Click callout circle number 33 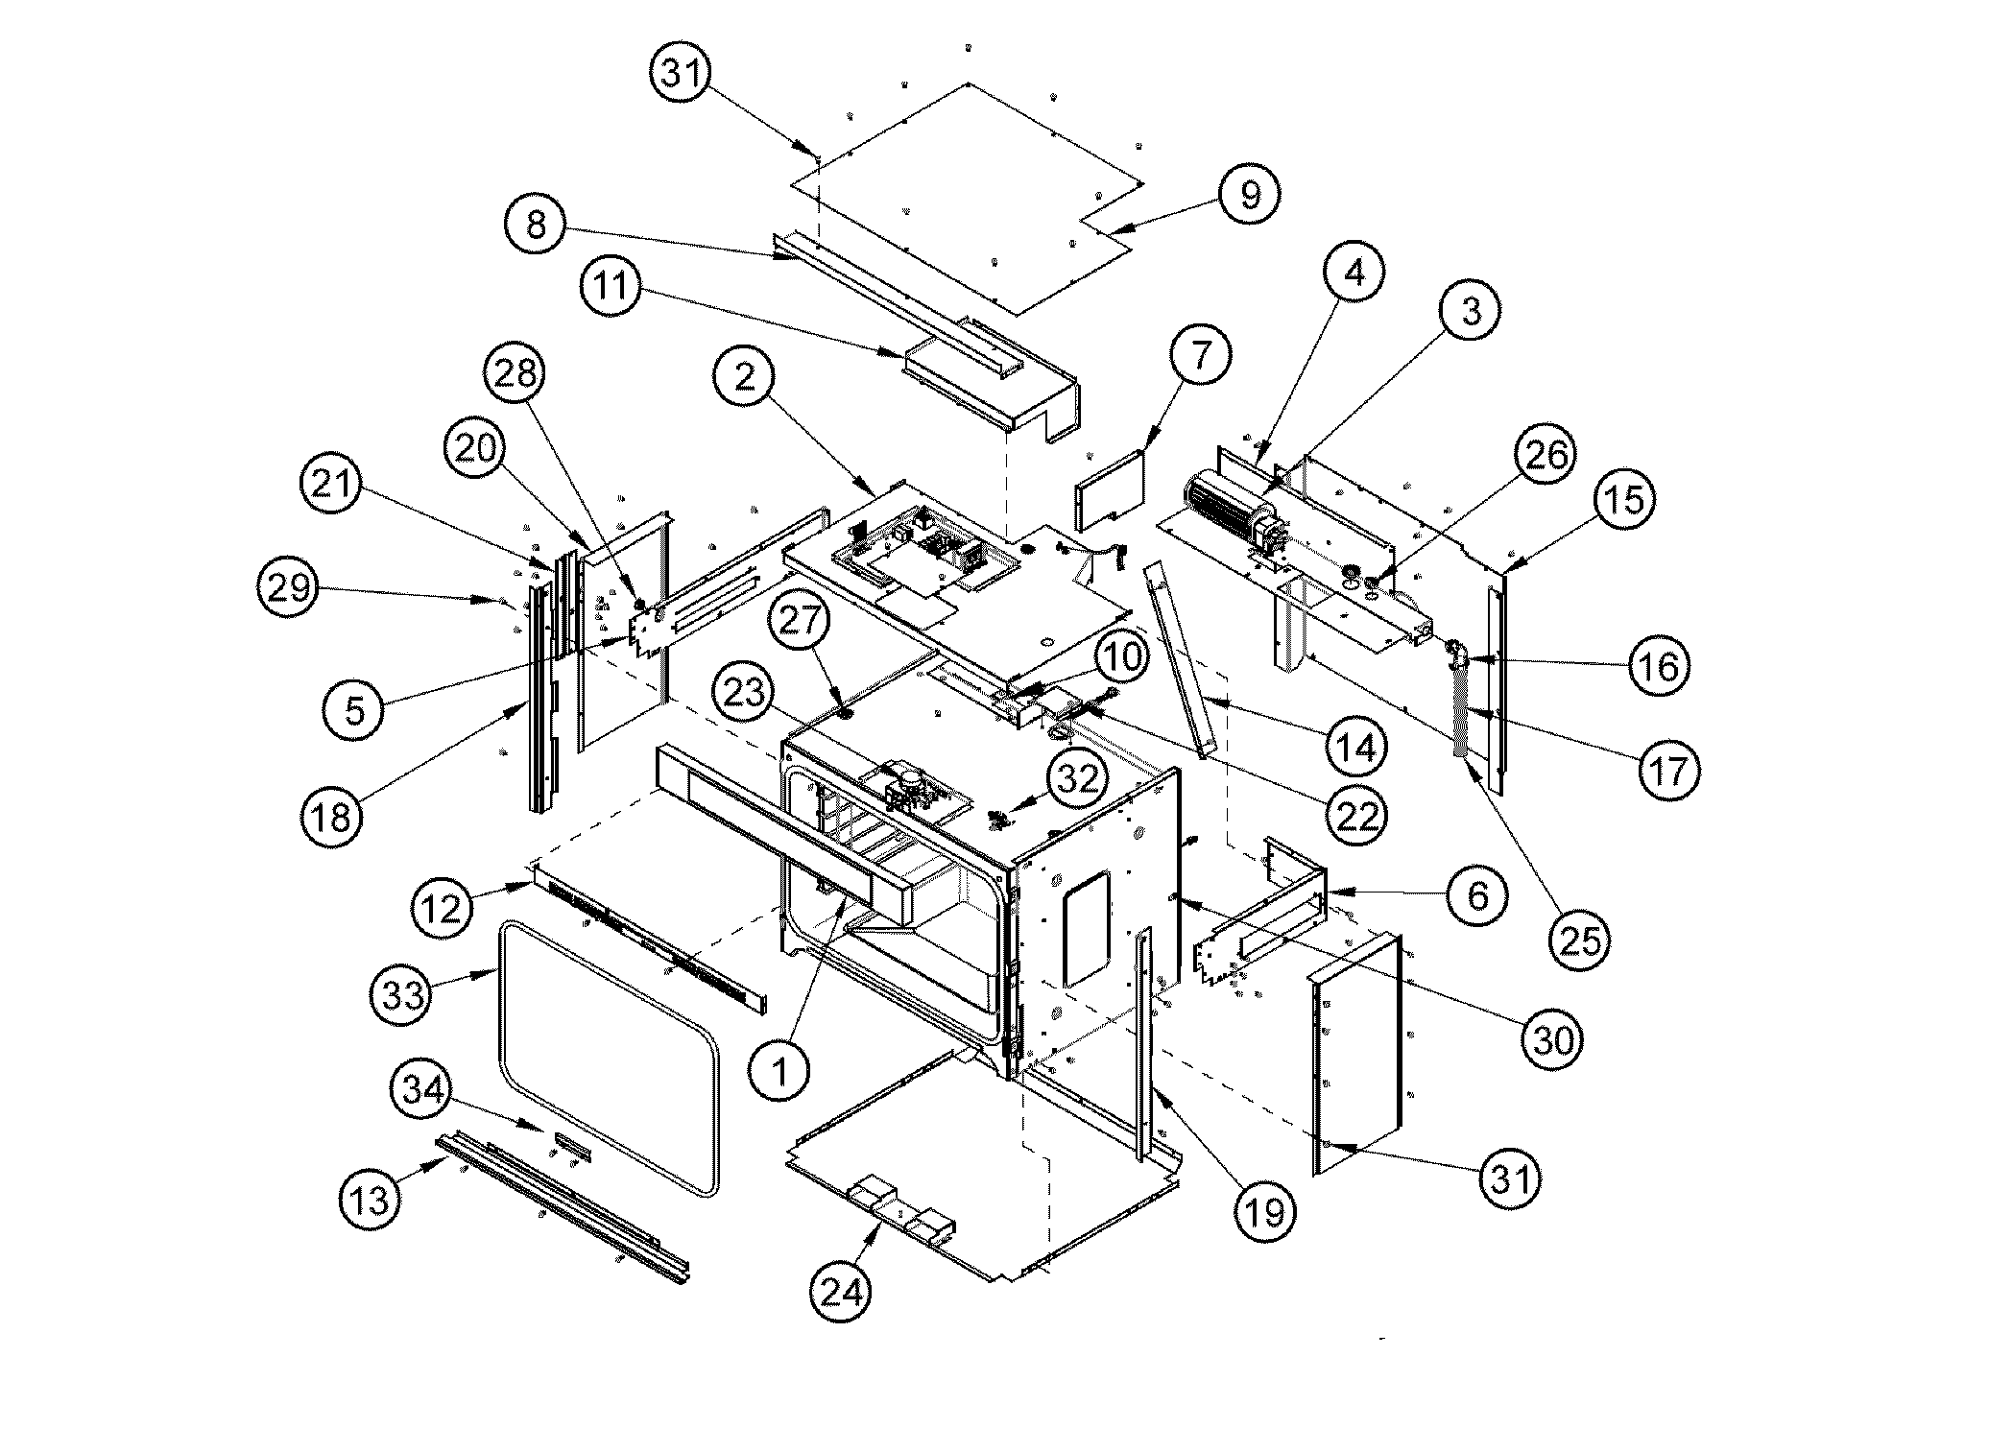pos(403,994)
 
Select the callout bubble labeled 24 pos(842,1292)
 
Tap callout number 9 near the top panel pos(1249,196)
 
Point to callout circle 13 pos(371,1200)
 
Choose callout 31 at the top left pos(682,73)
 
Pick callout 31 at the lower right pos(1511,1178)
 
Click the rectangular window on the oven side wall pos(1087,928)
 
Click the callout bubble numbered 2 pos(746,377)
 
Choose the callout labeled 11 pos(611,286)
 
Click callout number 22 pos(1356,816)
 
